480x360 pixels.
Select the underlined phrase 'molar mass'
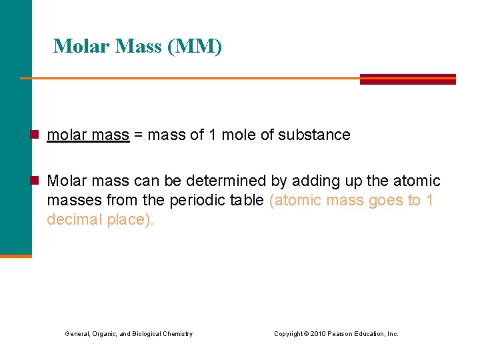pos(87,135)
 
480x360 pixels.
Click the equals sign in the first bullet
pos(138,135)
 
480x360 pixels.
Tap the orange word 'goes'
pos(387,200)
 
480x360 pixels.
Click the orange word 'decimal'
pos(75,219)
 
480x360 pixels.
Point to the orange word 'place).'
pos(130,219)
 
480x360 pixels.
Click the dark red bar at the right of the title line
pos(407,79)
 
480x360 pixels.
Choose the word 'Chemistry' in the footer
pos(179,334)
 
